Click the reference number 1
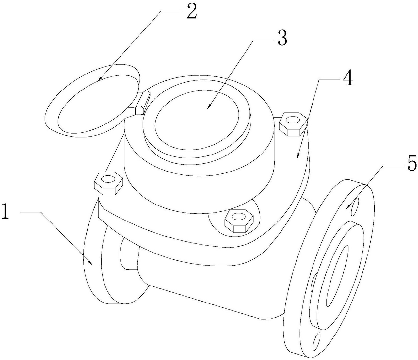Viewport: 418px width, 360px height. tap(6, 211)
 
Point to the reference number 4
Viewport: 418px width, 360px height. tap(348, 78)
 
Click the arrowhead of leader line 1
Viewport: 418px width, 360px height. tap(91, 262)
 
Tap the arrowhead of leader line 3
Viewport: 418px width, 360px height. tap(209, 106)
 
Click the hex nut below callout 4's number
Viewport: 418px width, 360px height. tap(293, 124)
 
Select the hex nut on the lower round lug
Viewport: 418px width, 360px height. tap(239, 221)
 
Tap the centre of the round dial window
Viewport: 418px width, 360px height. tap(197, 120)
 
